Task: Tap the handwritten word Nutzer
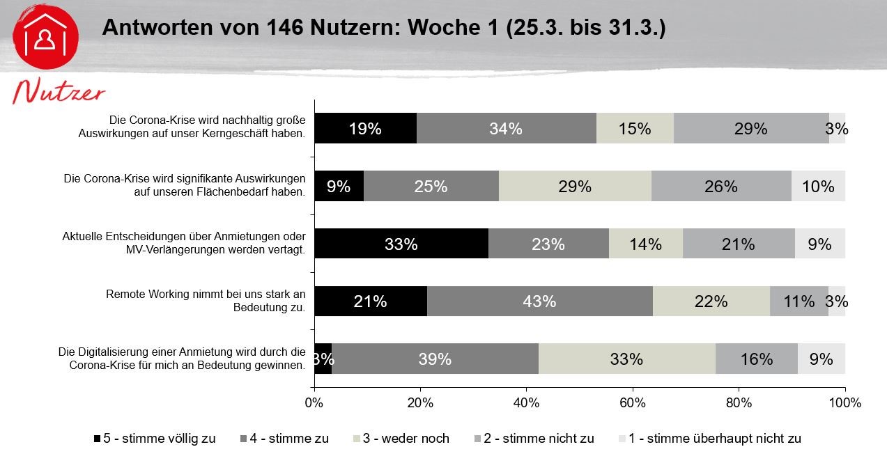tap(59, 93)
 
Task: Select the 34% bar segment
tap(506, 128)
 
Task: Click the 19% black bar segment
tap(365, 128)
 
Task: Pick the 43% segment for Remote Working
tap(539, 301)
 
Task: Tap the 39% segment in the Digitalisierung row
tap(435, 359)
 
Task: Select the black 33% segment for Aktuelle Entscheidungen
tap(401, 244)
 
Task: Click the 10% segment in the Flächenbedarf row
tap(818, 186)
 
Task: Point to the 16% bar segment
tap(757, 359)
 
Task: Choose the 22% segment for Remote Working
tap(711, 301)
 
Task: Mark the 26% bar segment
tap(721, 186)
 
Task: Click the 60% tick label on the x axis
tap(633, 402)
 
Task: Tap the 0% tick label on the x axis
tap(314, 402)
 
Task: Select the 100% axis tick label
tap(844, 402)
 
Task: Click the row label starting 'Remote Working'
tap(206, 300)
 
